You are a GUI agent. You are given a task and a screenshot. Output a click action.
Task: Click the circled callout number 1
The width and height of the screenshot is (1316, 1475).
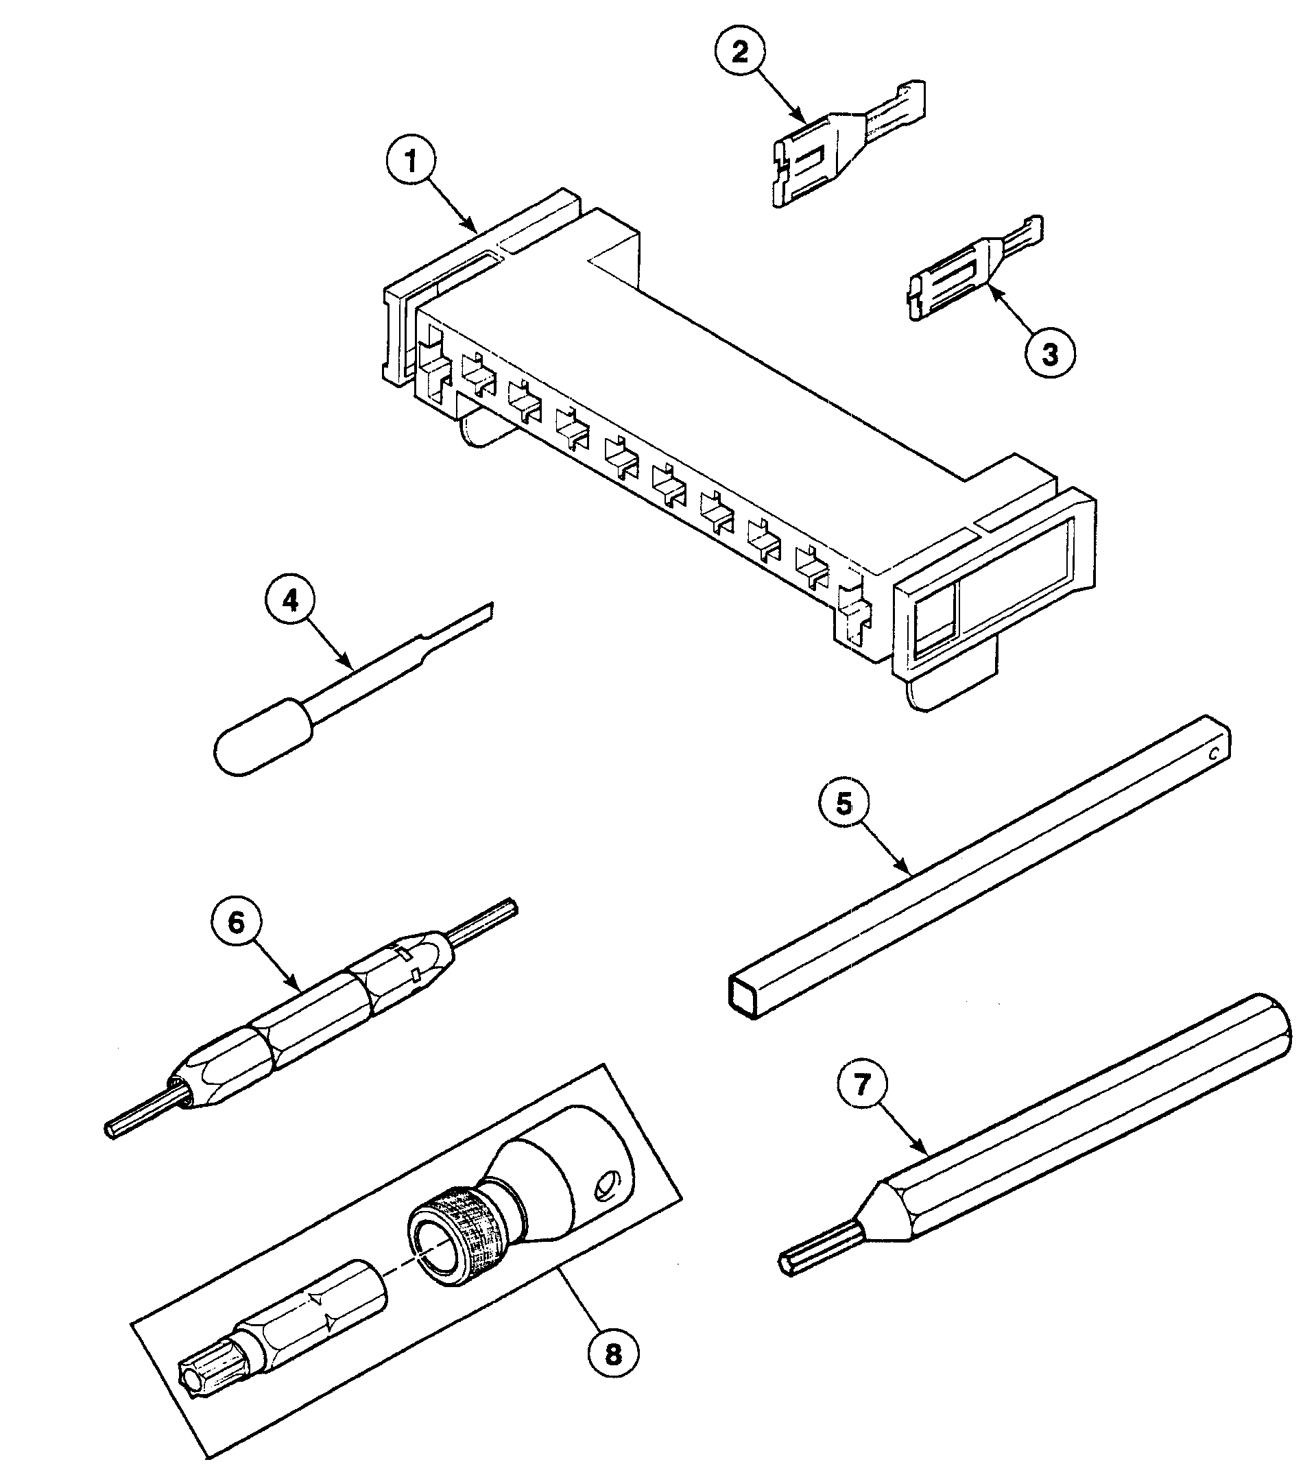pyautogui.click(x=411, y=161)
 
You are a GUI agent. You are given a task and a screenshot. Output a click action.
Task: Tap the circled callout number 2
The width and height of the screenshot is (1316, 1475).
pyautogui.click(x=740, y=53)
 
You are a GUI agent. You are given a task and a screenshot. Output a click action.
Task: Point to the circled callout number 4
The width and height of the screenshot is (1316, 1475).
pyautogui.click(x=291, y=601)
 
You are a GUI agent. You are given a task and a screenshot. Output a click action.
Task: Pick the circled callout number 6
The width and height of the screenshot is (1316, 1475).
pyautogui.click(x=237, y=922)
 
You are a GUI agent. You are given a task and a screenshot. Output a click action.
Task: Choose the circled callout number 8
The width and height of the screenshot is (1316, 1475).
pyautogui.click(x=613, y=1354)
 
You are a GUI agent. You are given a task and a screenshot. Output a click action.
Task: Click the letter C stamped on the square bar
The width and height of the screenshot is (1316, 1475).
pyautogui.click(x=1213, y=755)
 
